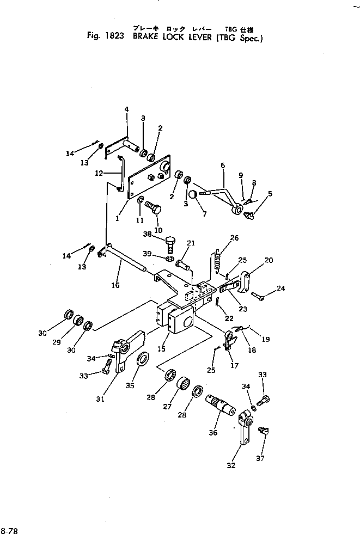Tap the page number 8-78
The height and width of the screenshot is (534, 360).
tap(9, 530)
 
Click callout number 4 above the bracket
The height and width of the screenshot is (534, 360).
tap(126, 109)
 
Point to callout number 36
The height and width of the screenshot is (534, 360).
tap(213, 433)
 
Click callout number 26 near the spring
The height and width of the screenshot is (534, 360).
tap(235, 237)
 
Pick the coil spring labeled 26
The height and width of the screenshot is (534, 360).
tap(217, 261)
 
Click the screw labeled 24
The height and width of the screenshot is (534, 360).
tap(258, 296)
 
